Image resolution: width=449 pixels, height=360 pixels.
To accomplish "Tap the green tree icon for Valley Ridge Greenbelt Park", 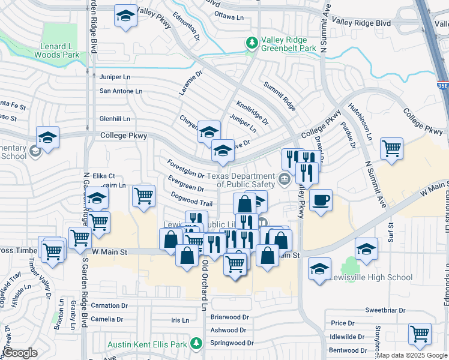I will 252,43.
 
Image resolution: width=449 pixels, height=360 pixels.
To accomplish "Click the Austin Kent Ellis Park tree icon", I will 196,343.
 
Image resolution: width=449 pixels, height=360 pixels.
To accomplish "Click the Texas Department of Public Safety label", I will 241,176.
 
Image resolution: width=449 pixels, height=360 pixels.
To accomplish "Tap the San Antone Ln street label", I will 121,91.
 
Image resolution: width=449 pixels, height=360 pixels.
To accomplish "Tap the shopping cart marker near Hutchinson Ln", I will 391,148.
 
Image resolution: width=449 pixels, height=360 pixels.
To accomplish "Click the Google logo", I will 20,353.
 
